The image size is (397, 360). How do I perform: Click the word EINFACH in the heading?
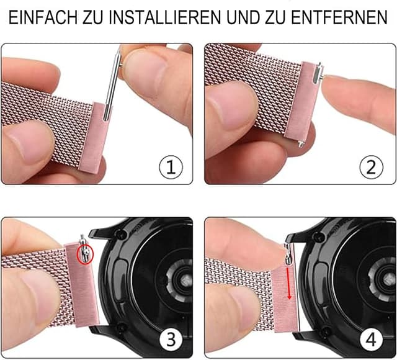click(x=42, y=17)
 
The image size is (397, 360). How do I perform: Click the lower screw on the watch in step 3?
click(x=122, y=328)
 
